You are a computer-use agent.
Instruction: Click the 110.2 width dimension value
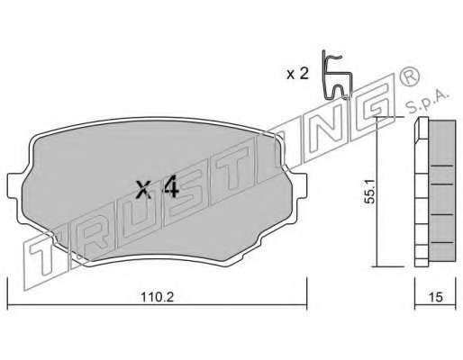tap(158, 297)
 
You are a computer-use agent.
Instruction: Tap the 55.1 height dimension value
tap(369, 192)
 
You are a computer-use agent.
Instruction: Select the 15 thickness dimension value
tap(436, 297)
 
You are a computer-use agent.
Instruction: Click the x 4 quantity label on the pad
tap(158, 188)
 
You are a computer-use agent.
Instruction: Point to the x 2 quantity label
tap(297, 74)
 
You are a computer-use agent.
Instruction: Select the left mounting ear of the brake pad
tap(15, 186)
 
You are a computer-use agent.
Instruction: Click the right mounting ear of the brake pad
tap(299, 186)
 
